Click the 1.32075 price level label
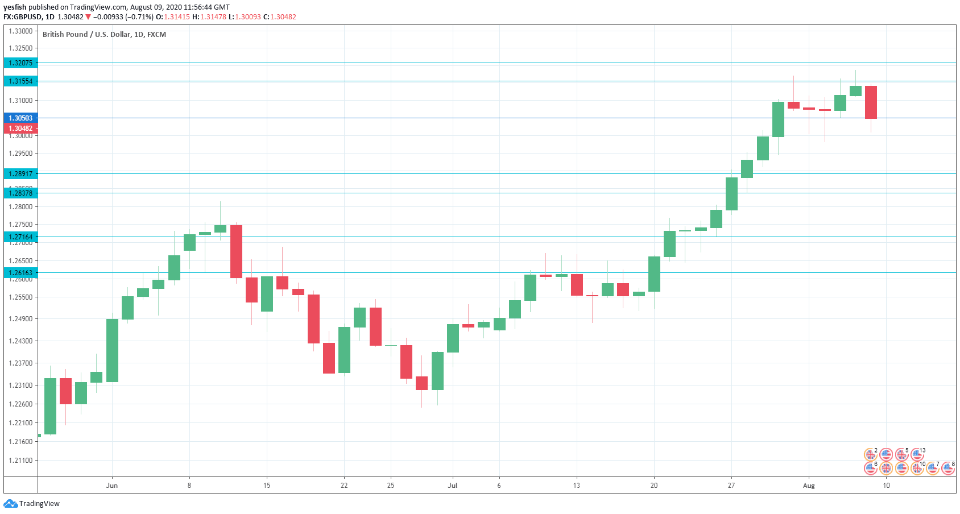tap(20, 63)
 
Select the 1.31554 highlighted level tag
tap(20, 81)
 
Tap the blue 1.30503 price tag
tap(20, 118)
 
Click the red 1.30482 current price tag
tap(20, 128)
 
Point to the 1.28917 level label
tap(20, 174)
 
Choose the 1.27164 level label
tap(20, 237)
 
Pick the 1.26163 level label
tap(20, 273)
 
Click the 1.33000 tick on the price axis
tap(20, 31)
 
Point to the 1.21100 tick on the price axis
tap(20, 461)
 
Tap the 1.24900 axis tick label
tap(20, 319)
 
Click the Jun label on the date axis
tap(112, 486)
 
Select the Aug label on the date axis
tap(809, 486)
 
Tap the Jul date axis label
tap(453, 486)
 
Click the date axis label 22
tap(344, 486)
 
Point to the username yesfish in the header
tap(15, 7)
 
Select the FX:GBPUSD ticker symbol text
tap(23, 17)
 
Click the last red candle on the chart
tap(871, 102)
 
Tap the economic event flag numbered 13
tap(917, 454)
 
